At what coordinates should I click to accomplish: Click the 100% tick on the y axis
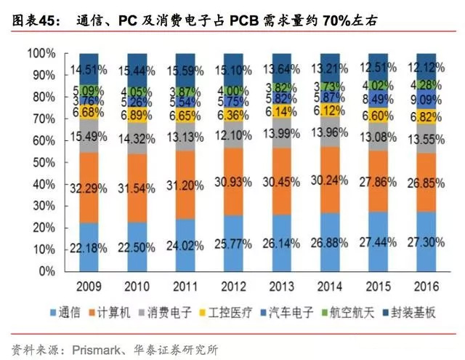(42, 54)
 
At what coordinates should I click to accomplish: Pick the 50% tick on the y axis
(45, 162)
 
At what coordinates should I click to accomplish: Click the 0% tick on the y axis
(48, 271)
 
